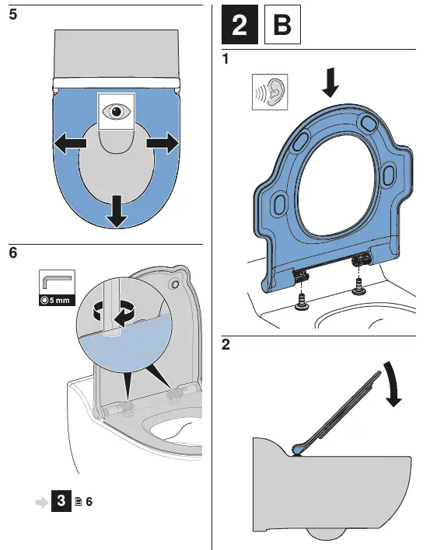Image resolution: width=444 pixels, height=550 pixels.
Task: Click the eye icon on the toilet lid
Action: point(116,112)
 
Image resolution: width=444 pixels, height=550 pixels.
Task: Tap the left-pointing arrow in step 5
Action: point(70,143)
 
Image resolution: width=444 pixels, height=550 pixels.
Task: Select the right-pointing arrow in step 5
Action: point(163,143)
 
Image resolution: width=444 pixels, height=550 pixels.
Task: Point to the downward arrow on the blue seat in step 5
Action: point(117,211)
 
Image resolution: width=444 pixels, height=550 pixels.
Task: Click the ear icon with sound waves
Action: point(270,92)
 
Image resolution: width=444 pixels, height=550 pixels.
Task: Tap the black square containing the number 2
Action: point(239,25)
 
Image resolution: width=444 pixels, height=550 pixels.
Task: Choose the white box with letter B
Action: point(282,25)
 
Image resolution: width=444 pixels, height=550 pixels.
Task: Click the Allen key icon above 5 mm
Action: point(57,282)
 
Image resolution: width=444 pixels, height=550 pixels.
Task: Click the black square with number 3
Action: point(61,501)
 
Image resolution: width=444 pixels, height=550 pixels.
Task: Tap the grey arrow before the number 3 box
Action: point(42,503)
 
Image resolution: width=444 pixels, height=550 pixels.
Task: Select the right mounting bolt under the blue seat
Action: point(358,286)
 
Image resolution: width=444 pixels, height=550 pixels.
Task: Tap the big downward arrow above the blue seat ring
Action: point(330,83)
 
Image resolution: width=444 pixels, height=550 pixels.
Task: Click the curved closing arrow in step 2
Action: point(393,384)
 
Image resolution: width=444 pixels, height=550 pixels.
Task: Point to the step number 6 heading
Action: point(13,252)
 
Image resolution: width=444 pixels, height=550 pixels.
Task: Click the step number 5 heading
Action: point(13,15)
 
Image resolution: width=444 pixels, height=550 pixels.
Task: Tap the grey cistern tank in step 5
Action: point(117,54)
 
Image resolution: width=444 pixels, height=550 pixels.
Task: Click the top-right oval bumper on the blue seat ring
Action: point(369,124)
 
